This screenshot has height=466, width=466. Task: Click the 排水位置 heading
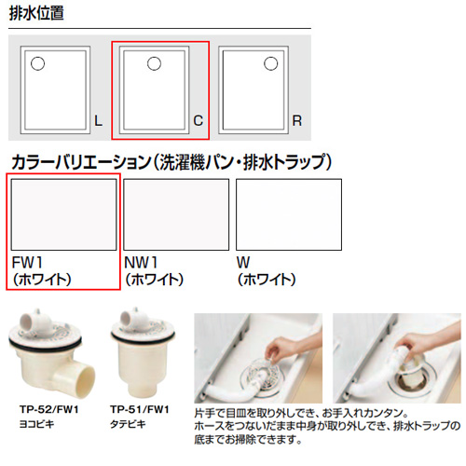pos(36,13)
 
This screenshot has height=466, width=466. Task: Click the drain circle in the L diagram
pos(37,63)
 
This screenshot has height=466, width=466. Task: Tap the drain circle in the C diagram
pos(154,63)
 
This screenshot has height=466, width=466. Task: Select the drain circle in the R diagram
pos(270,63)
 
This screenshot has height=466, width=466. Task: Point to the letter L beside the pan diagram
pos(98,120)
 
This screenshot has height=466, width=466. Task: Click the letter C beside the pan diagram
pos(199,120)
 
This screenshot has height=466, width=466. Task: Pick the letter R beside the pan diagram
pos(297,120)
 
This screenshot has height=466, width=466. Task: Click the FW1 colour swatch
pos(63,214)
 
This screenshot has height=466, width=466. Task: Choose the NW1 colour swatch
pos(176,214)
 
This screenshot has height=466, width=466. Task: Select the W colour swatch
pos(289,214)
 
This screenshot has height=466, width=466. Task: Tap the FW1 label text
pos(27,263)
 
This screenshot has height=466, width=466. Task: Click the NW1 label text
pos(141,263)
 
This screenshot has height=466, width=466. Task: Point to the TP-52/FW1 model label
pos(49,409)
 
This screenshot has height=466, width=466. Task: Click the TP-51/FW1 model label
pos(140,409)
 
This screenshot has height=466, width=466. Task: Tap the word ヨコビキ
pos(36,424)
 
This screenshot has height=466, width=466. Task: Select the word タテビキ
pos(128,424)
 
